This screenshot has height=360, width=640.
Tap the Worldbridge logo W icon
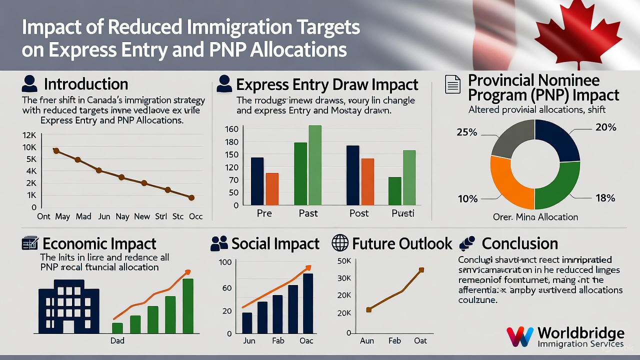[x=519, y=336]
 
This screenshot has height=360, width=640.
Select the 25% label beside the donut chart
[x=467, y=132]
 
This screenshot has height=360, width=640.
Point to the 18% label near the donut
[x=605, y=198]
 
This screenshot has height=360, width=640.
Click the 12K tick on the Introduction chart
[x=29, y=135]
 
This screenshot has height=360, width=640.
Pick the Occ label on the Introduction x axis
[x=195, y=216]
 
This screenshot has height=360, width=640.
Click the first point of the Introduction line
[x=56, y=150]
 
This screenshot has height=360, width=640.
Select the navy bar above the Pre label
[x=257, y=181]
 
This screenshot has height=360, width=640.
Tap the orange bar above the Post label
[x=367, y=181]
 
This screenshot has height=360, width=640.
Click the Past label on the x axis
[x=308, y=213]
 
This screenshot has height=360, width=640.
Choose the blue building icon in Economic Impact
[x=69, y=306]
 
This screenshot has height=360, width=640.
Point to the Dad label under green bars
[x=117, y=340]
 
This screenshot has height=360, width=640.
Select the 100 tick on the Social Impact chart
[x=225, y=262]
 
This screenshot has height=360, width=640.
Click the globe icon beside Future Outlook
[x=340, y=243]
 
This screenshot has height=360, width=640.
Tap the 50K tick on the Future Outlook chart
[x=345, y=261]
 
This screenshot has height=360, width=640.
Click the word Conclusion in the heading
[x=519, y=243]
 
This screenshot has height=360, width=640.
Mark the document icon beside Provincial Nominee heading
[x=452, y=84]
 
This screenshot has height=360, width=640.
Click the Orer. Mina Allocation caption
[x=535, y=217]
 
